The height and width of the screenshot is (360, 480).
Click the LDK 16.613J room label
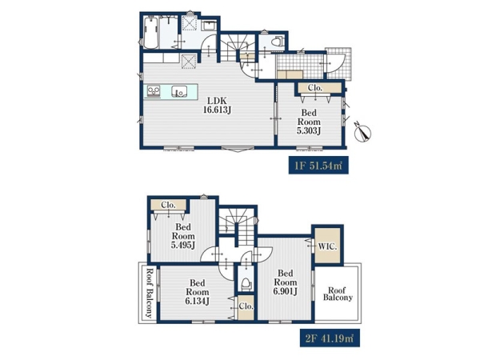[217, 105]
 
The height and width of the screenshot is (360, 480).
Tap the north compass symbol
[362, 132]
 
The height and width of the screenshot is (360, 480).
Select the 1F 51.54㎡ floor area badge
[318, 166]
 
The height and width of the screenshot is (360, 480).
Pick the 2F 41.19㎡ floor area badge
[330, 338]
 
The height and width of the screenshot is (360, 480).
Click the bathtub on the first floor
[150, 33]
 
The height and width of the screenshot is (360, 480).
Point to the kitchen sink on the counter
[179, 91]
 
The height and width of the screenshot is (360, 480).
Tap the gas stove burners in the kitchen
[154, 91]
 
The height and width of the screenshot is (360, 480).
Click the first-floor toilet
[278, 42]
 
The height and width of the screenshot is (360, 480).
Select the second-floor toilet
[246, 283]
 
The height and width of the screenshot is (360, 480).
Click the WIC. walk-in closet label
[327, 246]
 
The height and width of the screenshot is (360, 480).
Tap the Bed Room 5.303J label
[309, 122]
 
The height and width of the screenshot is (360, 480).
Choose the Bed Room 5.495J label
[183, 236]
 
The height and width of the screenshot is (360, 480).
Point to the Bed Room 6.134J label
[197, 292]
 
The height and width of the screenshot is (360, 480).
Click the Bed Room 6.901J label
[286, 282]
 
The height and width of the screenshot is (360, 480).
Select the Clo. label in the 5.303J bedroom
[315, 88]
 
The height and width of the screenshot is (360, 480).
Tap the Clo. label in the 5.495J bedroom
[168, 205]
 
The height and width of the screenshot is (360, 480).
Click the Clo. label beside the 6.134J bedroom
[246, 306]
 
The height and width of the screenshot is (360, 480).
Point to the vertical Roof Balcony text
[149, 294]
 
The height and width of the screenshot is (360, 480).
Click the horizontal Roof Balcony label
[338, 294]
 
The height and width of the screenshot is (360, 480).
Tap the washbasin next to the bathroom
[210, 26]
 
